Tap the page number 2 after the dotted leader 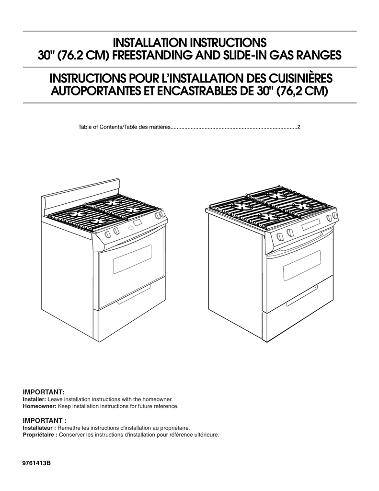[299, 127]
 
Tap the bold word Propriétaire [39, 434]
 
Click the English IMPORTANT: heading [44, 392]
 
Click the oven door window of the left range [132, 259]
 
